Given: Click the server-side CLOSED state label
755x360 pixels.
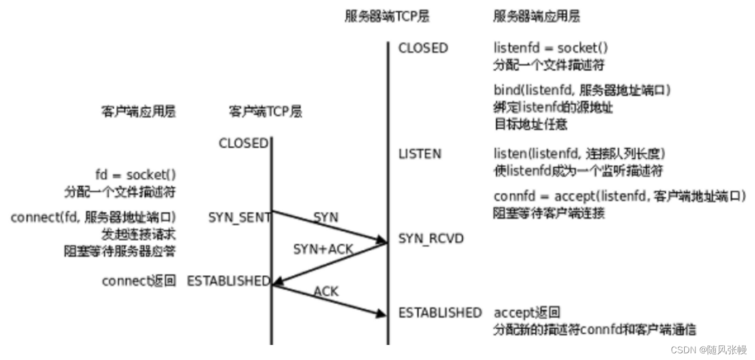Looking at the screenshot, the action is coord(423,48).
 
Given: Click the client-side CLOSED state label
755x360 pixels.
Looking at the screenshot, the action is coord(243,143).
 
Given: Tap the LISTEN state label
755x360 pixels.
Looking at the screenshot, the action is coord(419,153).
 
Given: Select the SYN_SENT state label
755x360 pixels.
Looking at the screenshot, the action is coord(239,217).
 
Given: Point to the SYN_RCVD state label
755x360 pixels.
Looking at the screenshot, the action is coord(430,239).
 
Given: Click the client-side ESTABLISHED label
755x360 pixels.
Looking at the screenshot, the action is coord(228,281).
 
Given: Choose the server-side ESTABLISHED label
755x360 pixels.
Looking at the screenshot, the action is coord(440,313).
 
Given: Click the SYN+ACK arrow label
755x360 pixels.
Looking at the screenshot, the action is coord(323,249).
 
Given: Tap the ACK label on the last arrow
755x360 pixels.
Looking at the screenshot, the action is coord(326,290).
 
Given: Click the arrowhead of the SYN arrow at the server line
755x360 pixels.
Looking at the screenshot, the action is coord(382,241).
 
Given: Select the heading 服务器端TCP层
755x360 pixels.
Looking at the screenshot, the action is coord(388,16).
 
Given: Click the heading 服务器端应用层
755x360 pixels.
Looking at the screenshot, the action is coord(536,16).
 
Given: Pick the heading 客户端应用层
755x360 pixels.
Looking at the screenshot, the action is coord(139,111).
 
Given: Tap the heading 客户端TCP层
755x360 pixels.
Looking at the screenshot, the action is coord(265,111).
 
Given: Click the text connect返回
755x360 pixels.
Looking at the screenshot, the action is coord(139,281).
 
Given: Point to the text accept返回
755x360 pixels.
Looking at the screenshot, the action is coord(527,313).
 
